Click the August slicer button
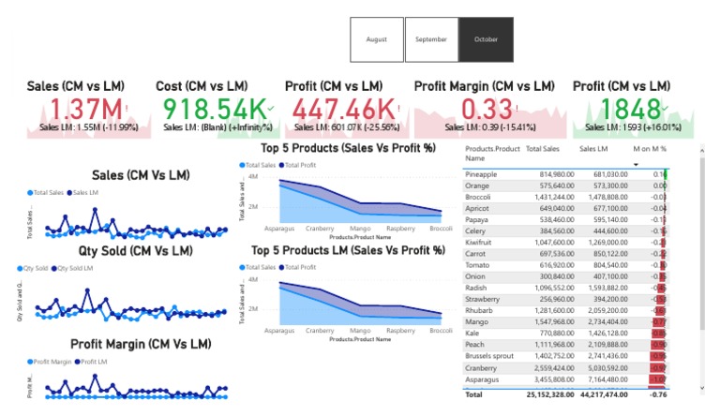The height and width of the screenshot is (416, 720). coord(377,39)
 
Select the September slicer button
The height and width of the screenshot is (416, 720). coord(431,39)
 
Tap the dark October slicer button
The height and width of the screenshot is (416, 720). coord(486,39)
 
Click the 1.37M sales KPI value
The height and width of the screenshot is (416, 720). coord(83,110)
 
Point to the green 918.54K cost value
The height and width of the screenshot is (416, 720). coord(212,110)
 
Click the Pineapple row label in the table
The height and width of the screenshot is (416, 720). coord(482,174)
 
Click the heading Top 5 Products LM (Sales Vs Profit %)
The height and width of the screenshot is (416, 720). coord(348,250)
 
